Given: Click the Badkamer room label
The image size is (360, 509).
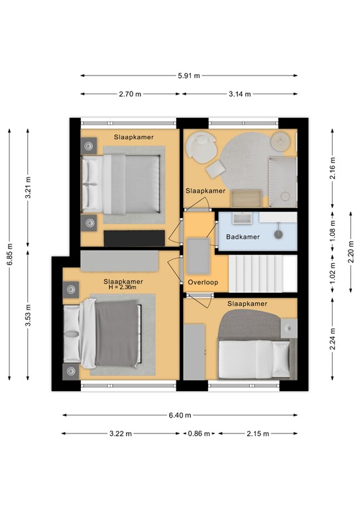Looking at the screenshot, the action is click(x=243, y=237).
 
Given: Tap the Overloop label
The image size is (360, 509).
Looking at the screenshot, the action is click(x=203, y=282).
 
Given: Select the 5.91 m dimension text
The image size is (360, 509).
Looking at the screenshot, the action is click(x=188, y=76).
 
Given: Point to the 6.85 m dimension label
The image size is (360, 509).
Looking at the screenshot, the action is click(x=10, y=254).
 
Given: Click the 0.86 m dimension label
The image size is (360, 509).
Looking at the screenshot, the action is click(x=199, y=433).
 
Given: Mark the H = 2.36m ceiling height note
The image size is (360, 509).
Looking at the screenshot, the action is click(x=123, y=287).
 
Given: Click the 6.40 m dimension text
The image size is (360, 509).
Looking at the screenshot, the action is click(x=180, y=415).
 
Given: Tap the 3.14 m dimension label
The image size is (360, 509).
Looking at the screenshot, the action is click(x=239, y=94).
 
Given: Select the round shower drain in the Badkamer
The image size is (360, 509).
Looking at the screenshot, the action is click(x=278, y=234).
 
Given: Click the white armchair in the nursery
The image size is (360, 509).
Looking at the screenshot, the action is click(x=200, y=147).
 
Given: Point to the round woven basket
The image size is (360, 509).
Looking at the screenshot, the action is click(x=281, y=142).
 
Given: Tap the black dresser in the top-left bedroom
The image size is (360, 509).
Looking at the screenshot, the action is click(x=135, y=239).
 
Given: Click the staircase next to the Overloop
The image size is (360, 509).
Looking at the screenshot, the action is click(x=263, y=274).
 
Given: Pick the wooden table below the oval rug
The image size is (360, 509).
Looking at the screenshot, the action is click(x=247, y=199).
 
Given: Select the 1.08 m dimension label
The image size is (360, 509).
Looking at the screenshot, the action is click(x=332, y=231).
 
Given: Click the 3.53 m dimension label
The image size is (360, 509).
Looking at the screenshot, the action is click(x=29, y=315).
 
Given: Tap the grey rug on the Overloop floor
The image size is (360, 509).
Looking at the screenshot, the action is click(x=198, y=256).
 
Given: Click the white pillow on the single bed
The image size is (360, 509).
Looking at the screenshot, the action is click(x=280, y=359).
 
